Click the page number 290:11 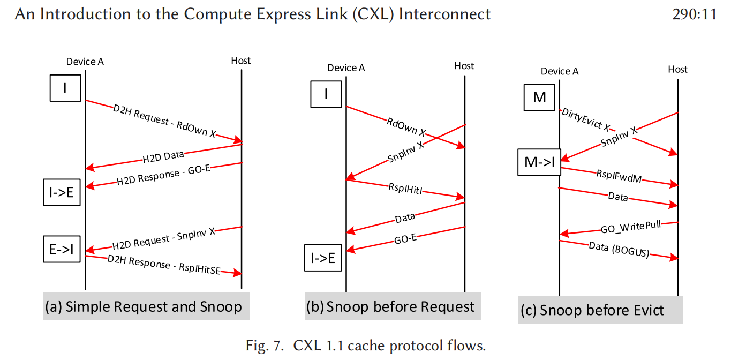point(694,14)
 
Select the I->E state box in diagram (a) point(62,193)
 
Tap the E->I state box point(62,249)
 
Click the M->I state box point(539,162)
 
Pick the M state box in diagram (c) point(539,97)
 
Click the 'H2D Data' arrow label point(163,157)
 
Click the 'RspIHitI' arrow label point(406,189)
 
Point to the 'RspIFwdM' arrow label point(619,176)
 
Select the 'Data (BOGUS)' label point(619,250)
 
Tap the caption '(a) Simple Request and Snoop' point(146,307)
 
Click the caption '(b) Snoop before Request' point(393,307)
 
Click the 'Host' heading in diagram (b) point(464,66)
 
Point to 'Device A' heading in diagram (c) point(560,71)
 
